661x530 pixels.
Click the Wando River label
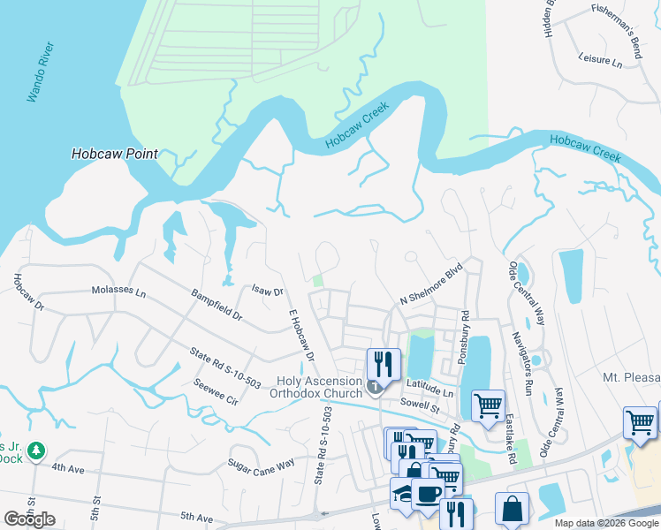[x=41, y=71]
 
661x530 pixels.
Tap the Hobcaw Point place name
[x=115, y=154]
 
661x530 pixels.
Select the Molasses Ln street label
[x=118, y=290]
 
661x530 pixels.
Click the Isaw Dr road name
[x=266, y=290]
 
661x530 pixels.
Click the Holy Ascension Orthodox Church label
[x=316, y=387]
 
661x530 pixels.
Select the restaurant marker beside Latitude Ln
[x=383, y=363]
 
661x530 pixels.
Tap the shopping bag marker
[x=512, y=509]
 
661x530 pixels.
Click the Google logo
[x=29, y=519]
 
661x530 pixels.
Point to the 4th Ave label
[x=67, y=469]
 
